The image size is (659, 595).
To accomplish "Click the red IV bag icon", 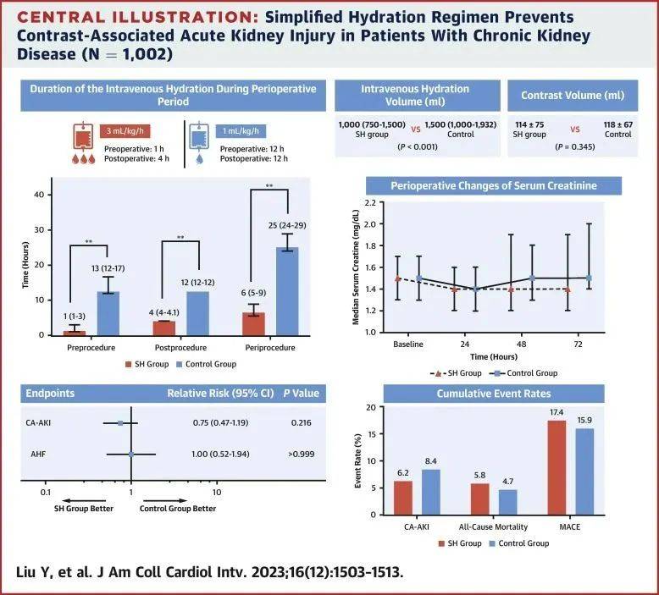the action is (x=83, y=136).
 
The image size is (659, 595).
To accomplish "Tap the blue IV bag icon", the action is (x=199, y=136).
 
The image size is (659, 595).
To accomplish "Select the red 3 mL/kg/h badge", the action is (x=125, y=131).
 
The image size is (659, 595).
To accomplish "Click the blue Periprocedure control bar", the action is (x=287, y=291).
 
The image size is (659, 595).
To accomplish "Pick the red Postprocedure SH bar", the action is (x=164, y=328).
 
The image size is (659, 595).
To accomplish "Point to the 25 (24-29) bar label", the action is (x=287, y=225).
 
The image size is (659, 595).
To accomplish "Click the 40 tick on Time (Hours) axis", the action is (x=39, y=195).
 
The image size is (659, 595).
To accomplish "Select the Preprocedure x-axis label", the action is (x=91, y=348).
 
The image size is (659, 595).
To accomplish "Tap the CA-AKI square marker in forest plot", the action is (x=120, y=423).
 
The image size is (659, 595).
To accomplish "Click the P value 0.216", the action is (x=302, y=423).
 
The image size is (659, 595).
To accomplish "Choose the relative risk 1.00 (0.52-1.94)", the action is (x=220, y=455).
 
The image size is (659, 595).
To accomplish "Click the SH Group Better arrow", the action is (x=84, y=500).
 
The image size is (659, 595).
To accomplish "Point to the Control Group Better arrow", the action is (x=165, y=500).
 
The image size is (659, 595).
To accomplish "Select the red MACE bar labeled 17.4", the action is (x=557, y=467).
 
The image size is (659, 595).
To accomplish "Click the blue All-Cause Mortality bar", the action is (x=507, y=502).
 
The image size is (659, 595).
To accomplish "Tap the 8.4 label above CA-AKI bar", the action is (x=431, y=461).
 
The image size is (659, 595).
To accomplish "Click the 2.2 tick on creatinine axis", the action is (x=370, y=203).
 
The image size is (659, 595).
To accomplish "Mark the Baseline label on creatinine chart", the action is (x=408, y=344).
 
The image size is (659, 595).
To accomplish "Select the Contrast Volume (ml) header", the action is (x=573, y=96).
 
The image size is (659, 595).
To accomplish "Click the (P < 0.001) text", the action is (x=418, y=147).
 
